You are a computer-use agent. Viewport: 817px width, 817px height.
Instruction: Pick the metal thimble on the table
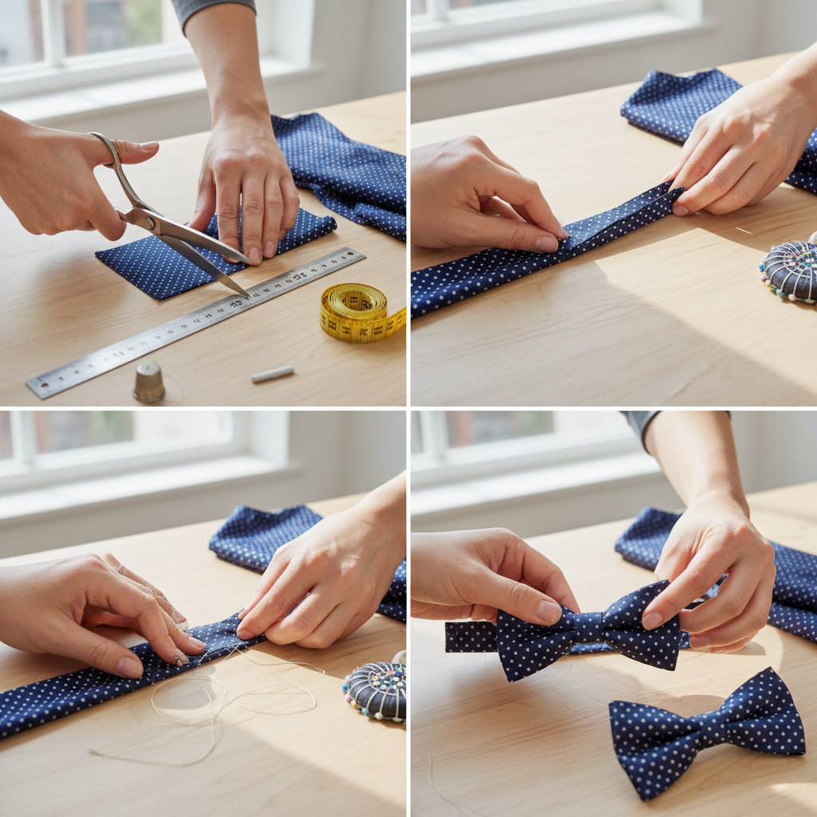pyautogui.click(x=148, y=382)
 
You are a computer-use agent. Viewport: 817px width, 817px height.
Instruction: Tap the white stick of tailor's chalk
pyautogui.click(x=273, y=373)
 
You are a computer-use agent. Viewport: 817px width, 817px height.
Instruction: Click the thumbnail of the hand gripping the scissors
pyautogui.click(x=148, y=147)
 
